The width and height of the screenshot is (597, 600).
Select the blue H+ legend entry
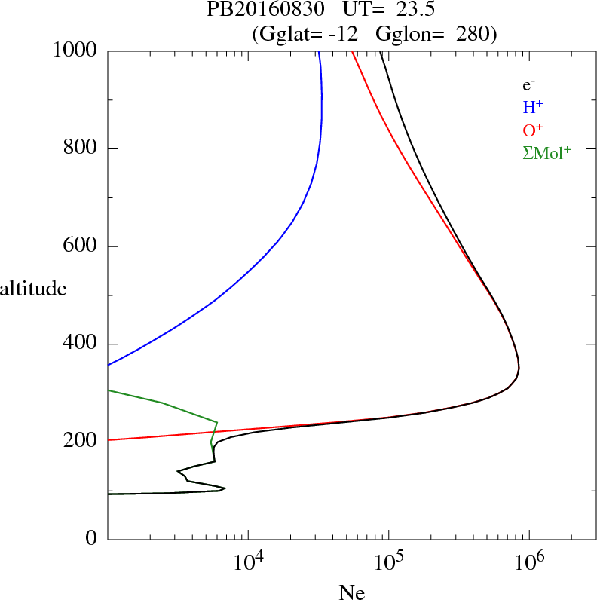coord(532,107)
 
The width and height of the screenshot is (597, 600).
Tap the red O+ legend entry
coord(532,130)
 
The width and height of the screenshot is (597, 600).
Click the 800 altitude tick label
coord(79,148)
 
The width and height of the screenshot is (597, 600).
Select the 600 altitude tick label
coord(79,246)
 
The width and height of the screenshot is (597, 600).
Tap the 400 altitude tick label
coord(79,344)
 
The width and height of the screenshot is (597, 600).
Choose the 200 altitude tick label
coord(79,442)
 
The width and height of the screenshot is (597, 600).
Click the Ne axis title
coord(352,592)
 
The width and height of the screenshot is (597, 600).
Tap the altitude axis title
coord(33,288)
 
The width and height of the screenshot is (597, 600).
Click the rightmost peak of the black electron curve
coord(519,368)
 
